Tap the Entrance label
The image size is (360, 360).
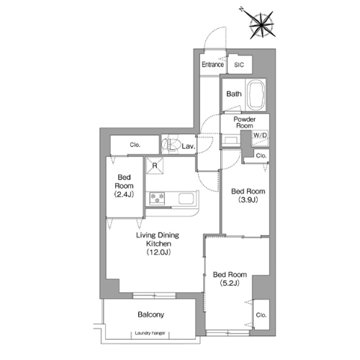(212, 64)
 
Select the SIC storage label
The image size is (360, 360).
(239, 65)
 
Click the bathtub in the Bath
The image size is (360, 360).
(256, 94)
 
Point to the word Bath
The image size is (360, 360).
(234, 94)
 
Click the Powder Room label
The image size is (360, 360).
(245, 122)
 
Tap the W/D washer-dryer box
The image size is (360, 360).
(260, 138)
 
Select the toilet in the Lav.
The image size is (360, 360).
(170, 145)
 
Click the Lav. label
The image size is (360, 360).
(189, 146)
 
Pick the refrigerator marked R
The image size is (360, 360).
(155, 166)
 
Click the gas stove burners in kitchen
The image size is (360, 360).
(157, 198)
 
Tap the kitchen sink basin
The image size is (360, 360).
(186, 199)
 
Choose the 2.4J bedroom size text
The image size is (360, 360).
(124, 194)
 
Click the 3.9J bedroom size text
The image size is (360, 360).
(248, 199)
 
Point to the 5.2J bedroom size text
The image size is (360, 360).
(230, 283)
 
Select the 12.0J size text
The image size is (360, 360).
(158, 252)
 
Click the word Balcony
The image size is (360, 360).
(151, 315)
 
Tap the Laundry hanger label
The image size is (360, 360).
(150, 333)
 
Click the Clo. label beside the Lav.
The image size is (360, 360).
(135, 145)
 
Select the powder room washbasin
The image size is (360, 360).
(230, 140)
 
